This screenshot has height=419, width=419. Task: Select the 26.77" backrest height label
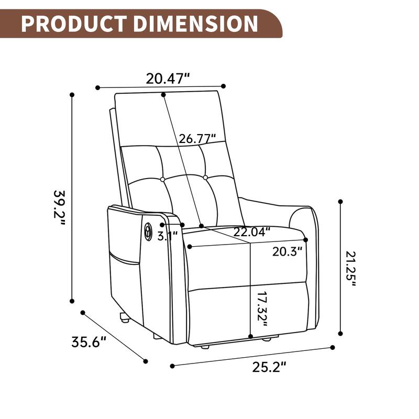(197, 139)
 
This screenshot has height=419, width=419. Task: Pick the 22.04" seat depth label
(252, 231)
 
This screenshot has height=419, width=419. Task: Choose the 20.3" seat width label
(288, 251)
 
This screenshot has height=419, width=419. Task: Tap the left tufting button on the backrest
(163, 179)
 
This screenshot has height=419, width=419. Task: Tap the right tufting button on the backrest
(205, 178)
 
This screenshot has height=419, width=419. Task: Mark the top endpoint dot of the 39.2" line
(72, 95)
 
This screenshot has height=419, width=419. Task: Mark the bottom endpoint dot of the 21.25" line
(341, 333)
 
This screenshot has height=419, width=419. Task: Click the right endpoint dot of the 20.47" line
(224, 86)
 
